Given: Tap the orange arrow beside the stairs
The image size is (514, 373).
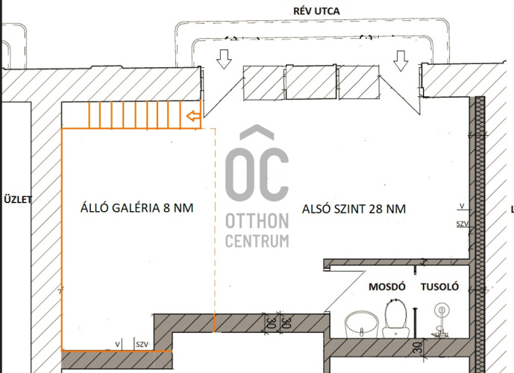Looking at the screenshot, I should click(x=192, y=116).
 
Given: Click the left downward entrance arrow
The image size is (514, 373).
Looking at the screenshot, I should click(x=223, y=59).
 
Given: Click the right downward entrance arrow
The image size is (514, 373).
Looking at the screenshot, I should click(x=401, y=59).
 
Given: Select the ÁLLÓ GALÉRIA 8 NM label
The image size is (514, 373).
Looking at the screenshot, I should click(x=137, y=208).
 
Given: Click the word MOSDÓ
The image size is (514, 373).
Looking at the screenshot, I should click(x=386, y=287).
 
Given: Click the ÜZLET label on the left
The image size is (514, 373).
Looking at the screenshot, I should click(x=16, y=199).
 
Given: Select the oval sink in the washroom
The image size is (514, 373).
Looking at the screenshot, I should click(x=362, y=325).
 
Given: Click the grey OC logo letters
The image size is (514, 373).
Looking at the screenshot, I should click(x=257, y=173).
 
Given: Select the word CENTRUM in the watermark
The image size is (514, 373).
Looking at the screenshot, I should click(x=257, y=241).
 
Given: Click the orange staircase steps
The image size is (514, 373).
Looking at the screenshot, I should click(x=135, y=115).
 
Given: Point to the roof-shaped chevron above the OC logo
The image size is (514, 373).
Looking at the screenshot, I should click(x=257, y=134).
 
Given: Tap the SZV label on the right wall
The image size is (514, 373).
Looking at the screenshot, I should click(x=463, y=224).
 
